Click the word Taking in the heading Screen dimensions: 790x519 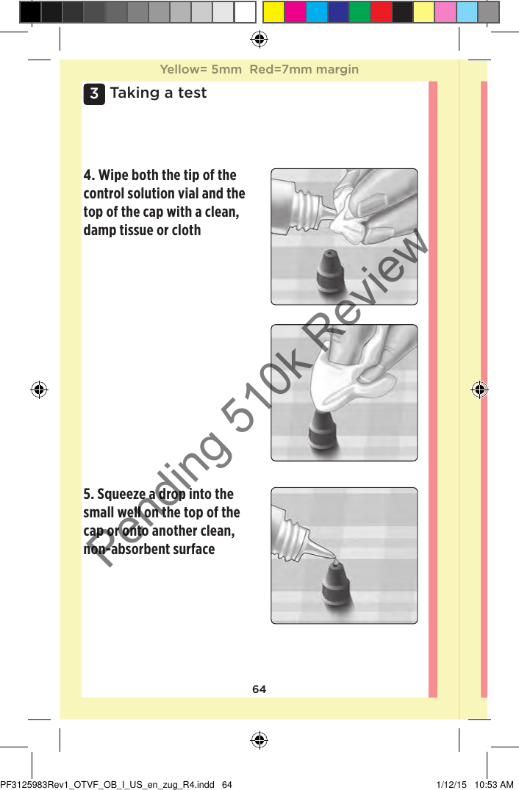(133, 93)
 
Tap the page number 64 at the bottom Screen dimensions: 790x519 (259, 689)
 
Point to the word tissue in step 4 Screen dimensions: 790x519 (143, 231)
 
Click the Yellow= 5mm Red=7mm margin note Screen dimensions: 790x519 (259, 70)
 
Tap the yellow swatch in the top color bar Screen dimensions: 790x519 (273, 12)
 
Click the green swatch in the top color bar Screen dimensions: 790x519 (359, 12)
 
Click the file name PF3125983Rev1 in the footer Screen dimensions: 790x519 (44, 784)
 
